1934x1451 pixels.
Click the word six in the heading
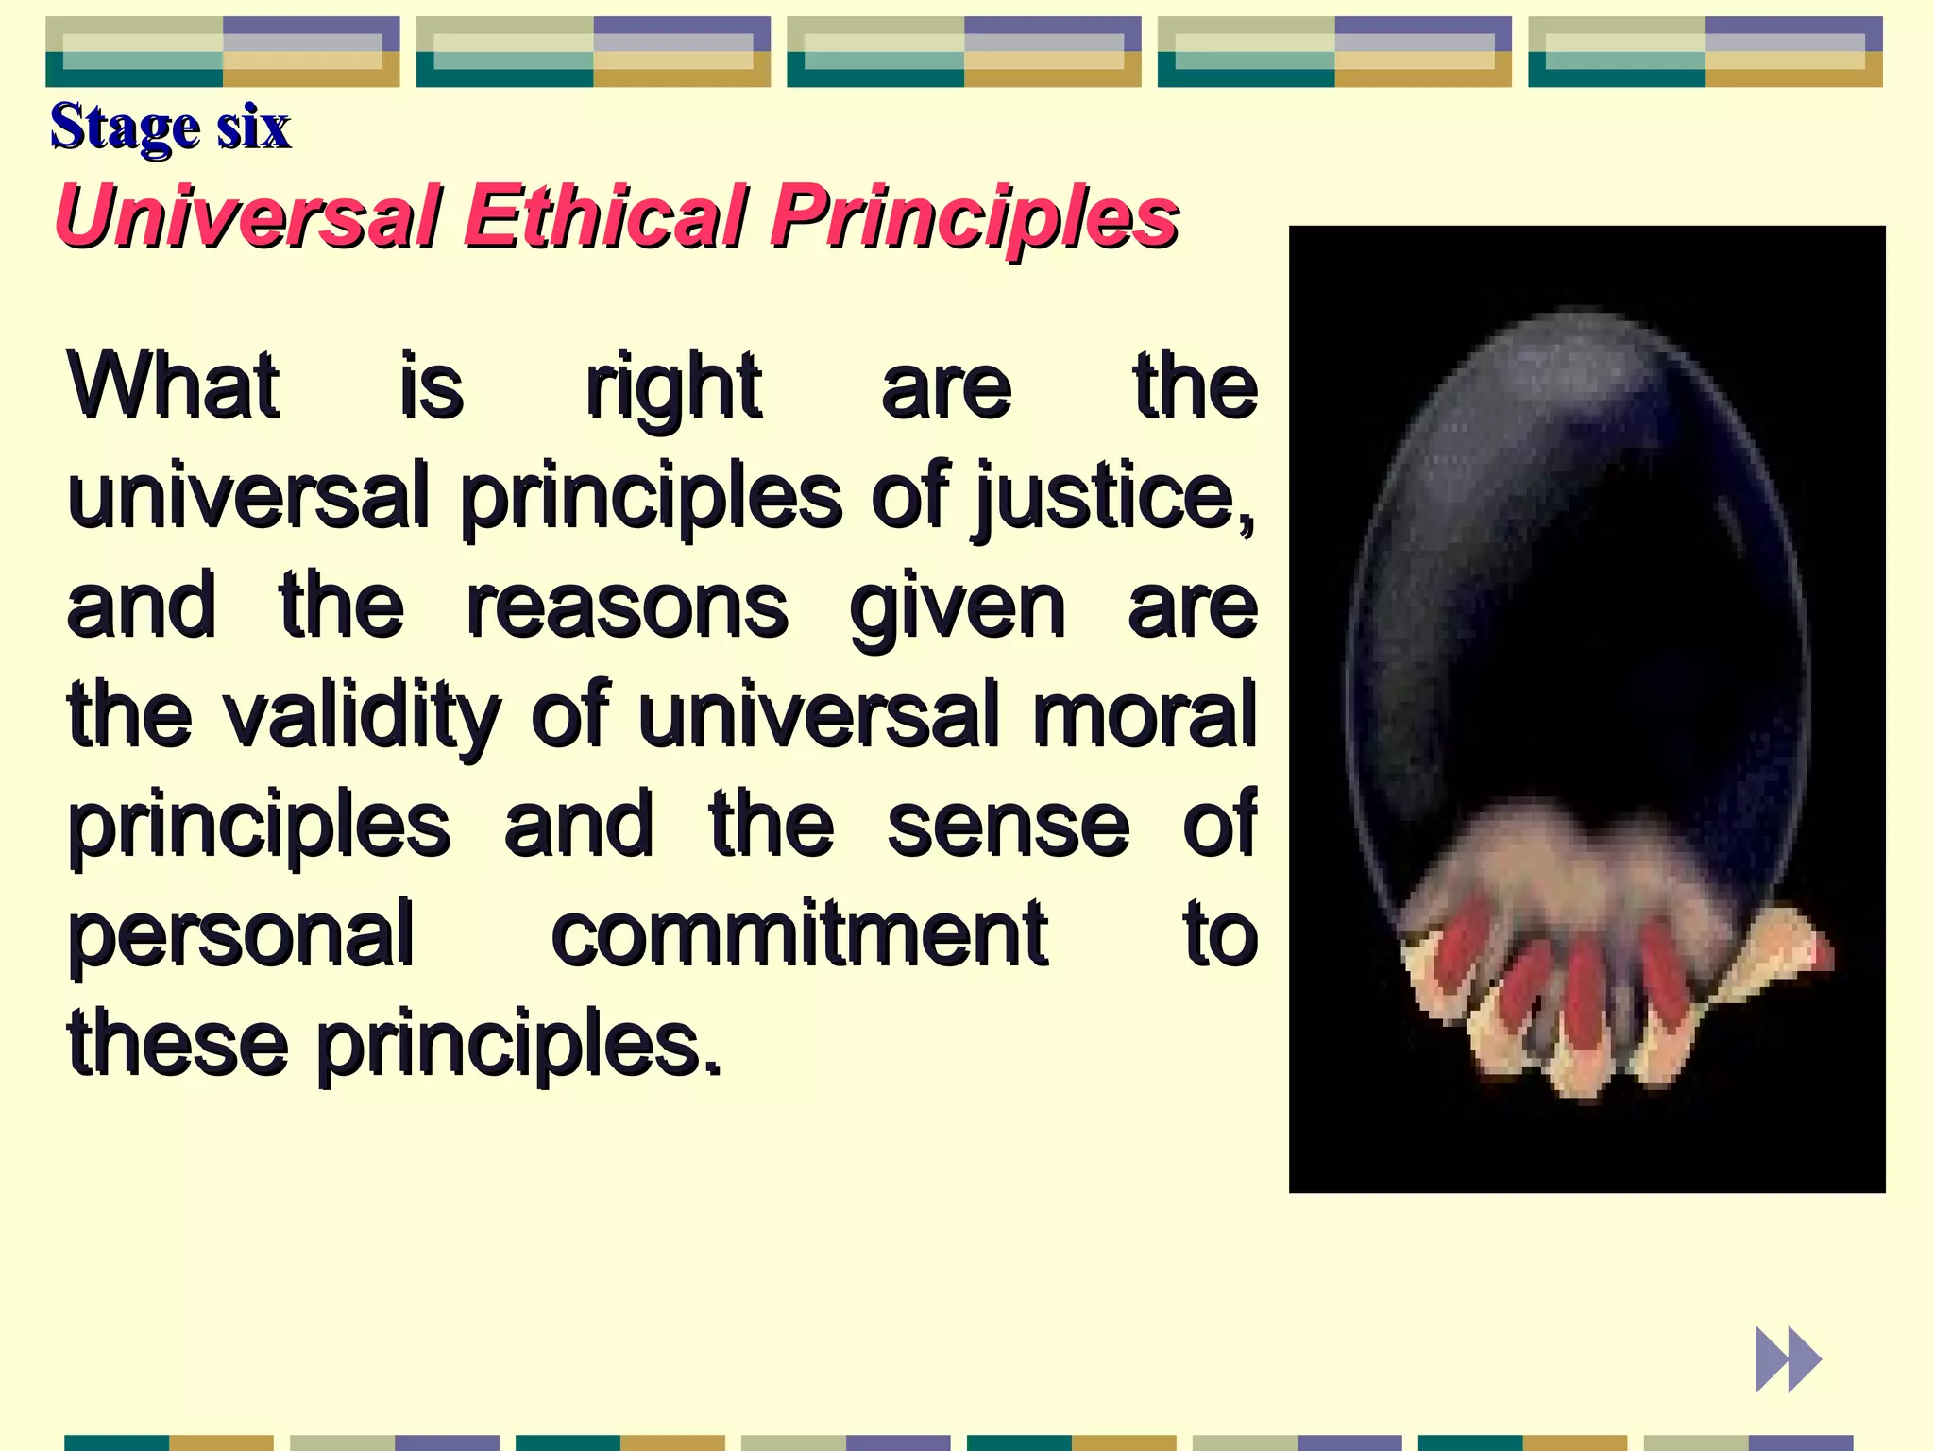point(253,127)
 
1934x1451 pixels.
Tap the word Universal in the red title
point(247,216)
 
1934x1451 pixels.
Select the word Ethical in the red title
point(606,216)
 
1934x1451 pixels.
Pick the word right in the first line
point(672,387)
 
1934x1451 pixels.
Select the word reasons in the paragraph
point(627,606)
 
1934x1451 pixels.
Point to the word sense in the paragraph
point(1008,826)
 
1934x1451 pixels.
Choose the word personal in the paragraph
point(241,935)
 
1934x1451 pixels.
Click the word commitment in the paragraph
point(799,935)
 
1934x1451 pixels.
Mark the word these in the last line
point(178,1044)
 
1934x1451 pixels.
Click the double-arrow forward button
point(1787,1359)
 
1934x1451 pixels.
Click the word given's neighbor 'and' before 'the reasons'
point(142,606)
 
